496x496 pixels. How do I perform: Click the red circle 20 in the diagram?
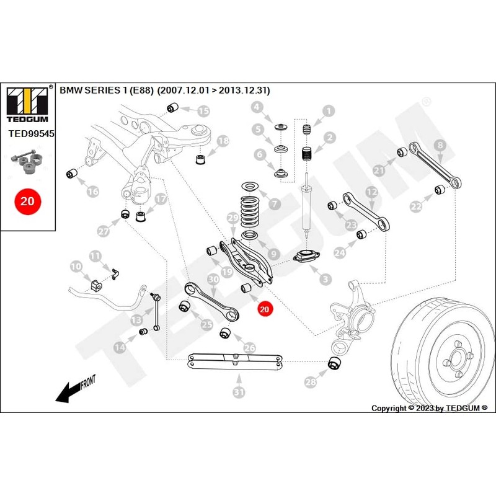(x=265, y=309)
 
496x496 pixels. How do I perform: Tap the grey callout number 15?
(x=203, y=111)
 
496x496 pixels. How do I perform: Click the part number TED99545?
(x=32, y=133)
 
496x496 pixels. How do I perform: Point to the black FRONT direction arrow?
(x=75, y=389)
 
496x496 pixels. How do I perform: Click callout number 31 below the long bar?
(x=239, y=392)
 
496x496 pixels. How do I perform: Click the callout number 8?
(x=440, y=145)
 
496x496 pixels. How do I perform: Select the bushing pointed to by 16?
(x=72, y=174)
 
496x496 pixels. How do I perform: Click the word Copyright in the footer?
(x=389, y=408)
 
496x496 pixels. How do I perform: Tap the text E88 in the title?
(x=142, y=91)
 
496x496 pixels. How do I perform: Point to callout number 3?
(x=325, y=280)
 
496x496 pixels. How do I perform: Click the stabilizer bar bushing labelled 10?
(x=97, y=285)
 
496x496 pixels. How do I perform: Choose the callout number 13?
(x=136, y=320)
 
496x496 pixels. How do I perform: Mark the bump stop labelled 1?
(x=306, y=130)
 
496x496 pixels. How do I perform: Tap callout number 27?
(x=104, y=231)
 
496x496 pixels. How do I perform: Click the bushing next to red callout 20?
(x=246, y=288)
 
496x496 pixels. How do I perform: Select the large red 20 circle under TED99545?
(x=27, y=201)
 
